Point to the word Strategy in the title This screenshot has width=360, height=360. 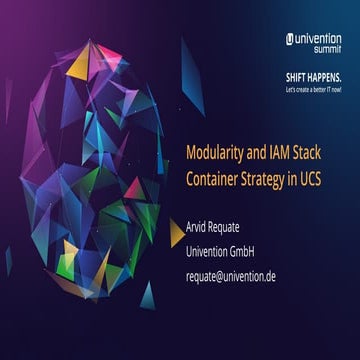pos(269,178)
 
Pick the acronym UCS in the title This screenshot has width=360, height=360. pos(321,178)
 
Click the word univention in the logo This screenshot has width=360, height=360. pos(319,38)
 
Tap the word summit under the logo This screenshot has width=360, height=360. pos(327,49)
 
